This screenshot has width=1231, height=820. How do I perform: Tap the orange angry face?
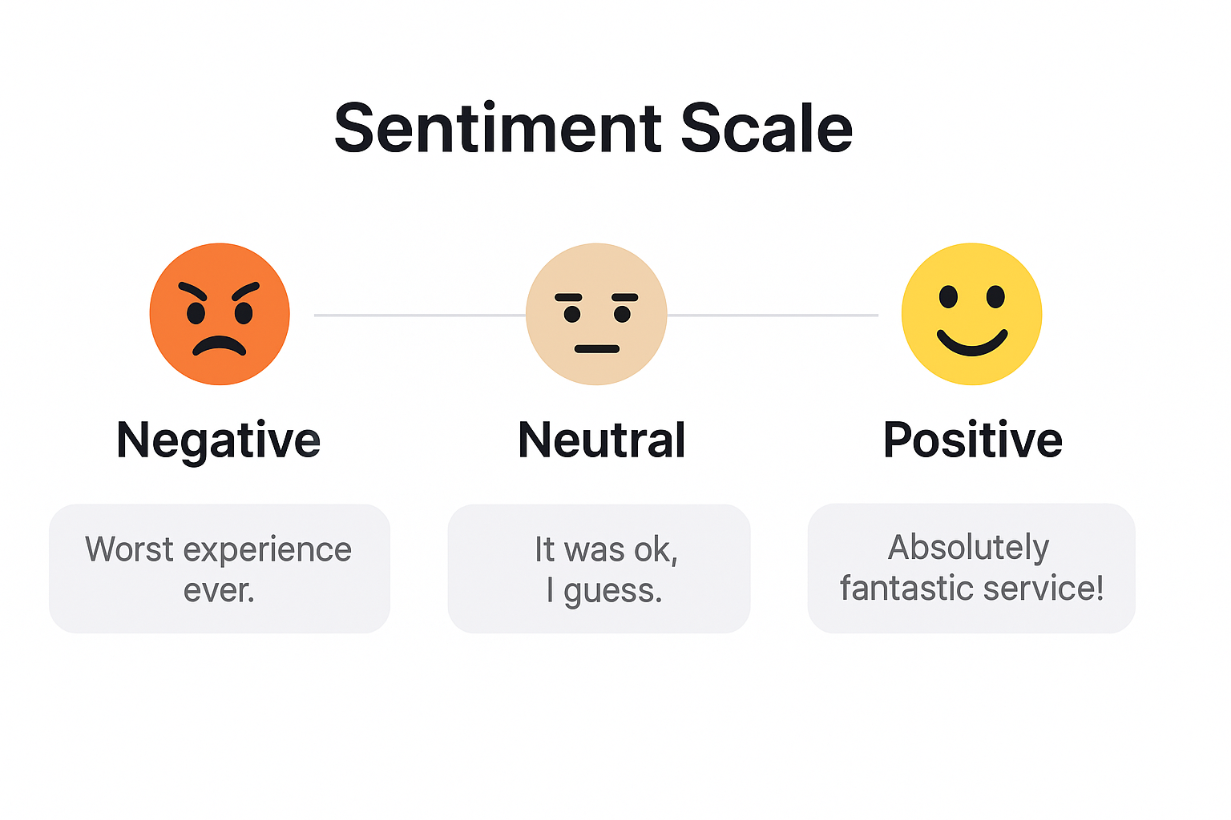pyautogui.click(x=220, y=314)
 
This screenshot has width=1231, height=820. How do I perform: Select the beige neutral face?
pyautogui.click(x=596, y=314)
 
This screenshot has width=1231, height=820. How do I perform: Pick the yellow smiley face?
pyautogui.click(x=971, y=314)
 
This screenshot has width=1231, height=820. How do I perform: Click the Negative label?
pyautogui.click(x=218, y=440)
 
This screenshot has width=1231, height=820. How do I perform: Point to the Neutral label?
pyautogui.click(x=602, y=440)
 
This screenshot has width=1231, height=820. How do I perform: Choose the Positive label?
pyautogui.click(x=972, y=440)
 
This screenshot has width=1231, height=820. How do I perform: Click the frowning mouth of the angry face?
pyautogui.click(x=219, y=346)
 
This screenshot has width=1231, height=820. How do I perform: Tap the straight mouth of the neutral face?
pyautogui.click(x=597, y=349)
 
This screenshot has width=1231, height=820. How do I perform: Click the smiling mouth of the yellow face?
pyautogui.click(x=972, y=344)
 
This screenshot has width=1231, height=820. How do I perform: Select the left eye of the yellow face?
pyautogui.click(x=948, y=297)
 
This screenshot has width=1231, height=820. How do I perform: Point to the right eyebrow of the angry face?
pyautogui.click(x=245, y=290)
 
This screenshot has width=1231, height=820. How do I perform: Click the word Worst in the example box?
pyautogui.click(x=129, y=549)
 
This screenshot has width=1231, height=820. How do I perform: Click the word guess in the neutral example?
pyautogui.click(x=612, y=591)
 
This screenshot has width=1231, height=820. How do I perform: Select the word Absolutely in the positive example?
pyautogui.click(x=968, y=548)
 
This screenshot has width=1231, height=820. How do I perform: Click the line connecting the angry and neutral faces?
pyautogui.click(x=419, y=316)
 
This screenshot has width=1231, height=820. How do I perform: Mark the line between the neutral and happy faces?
pyautogui.click(x=773, y=316)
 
